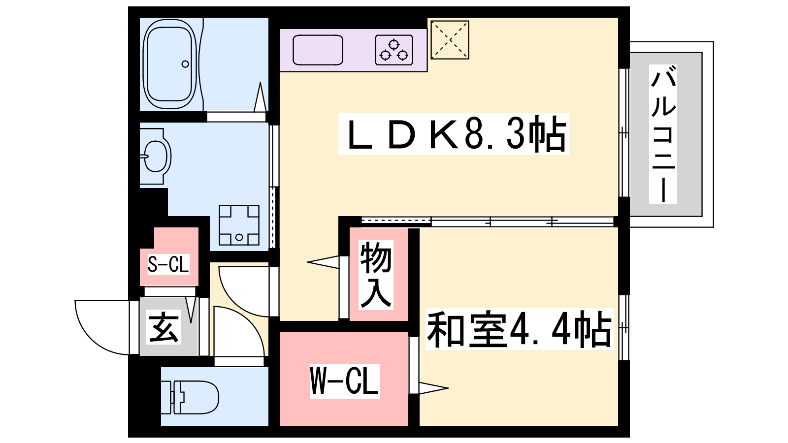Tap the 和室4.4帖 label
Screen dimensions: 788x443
tap(519, 329)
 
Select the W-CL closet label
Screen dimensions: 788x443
tap(344, 381)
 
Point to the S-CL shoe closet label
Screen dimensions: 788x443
tap(168, 264)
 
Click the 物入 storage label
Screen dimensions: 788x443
tap(376, 275)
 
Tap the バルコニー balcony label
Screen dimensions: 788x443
tap(663, 134)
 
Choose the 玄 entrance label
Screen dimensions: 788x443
tap(164, 328)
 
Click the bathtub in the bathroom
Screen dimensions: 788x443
tap(170, 64)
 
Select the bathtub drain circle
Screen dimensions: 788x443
tap(185, 64)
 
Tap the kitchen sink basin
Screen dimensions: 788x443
tap(318, 50)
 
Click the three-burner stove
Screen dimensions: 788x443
tap(394, 50)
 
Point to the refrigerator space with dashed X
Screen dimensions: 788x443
tap(450, 40)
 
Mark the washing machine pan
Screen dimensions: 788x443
tap(239, 225)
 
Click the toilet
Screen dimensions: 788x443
tap(190, 397)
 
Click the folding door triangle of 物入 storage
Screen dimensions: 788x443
tap(323, 262)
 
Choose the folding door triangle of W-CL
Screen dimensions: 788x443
tap(433, 388)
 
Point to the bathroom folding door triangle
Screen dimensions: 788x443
tap(260, 97)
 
